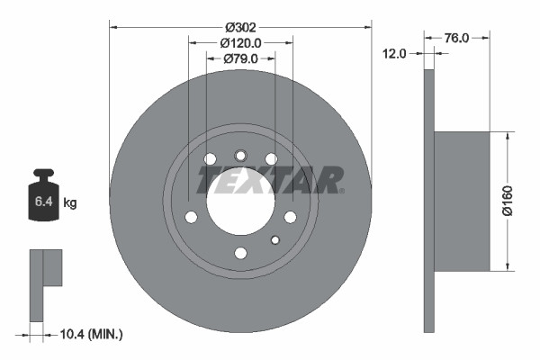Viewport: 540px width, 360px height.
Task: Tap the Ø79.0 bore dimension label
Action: pos(240,59)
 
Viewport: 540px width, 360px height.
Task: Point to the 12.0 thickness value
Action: pos(396,53)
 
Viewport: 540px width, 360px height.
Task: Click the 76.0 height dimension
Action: pos(457,38)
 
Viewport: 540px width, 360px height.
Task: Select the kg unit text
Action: pos(70,203)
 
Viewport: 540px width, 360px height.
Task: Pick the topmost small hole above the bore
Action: pos(240,155)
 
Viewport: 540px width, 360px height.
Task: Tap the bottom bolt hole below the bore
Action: pos(240,253)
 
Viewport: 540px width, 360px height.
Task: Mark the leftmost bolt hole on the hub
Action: pos(191,217)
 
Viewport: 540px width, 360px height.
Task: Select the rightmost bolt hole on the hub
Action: pos(290,217)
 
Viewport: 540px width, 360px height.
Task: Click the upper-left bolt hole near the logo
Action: pos(211,159)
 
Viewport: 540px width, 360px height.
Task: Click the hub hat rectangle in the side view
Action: pos(462,201)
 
